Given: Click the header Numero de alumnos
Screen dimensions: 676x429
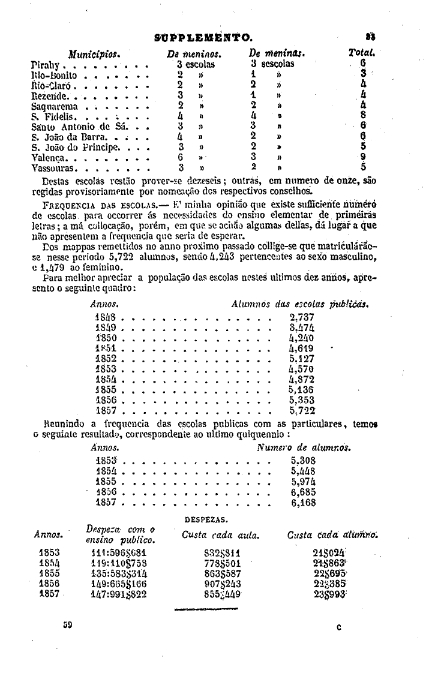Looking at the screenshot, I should pos(304,447).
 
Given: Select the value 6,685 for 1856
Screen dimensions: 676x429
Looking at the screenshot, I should pos(304,492).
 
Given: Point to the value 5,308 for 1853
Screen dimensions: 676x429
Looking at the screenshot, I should pos(304,461).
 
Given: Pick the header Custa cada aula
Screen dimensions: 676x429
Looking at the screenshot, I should pos(220,534).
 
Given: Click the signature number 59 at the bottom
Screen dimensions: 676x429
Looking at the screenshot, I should pos(68,625).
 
